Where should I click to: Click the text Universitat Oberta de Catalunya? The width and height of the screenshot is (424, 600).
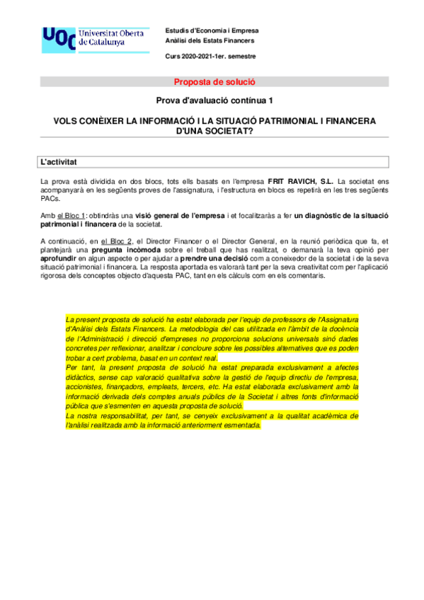(x=113, y=38)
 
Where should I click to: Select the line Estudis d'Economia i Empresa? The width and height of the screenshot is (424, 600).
(x=212, y=31)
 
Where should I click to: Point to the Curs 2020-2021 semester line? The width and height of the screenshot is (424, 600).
(x=210, y=56)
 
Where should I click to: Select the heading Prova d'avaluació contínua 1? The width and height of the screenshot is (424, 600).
(x=214, y=101)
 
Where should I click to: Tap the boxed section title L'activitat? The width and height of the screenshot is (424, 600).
(x=59, y=162)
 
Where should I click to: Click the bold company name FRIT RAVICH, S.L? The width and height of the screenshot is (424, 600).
(x=300, y=182)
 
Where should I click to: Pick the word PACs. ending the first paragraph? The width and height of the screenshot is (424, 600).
(x=50, y=199)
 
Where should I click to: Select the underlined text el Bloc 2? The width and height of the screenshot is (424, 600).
(x=117, y=241)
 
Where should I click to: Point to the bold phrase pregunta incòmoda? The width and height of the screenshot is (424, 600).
(x=101, y=250)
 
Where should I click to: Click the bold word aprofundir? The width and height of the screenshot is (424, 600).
(x=60, y=259)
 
